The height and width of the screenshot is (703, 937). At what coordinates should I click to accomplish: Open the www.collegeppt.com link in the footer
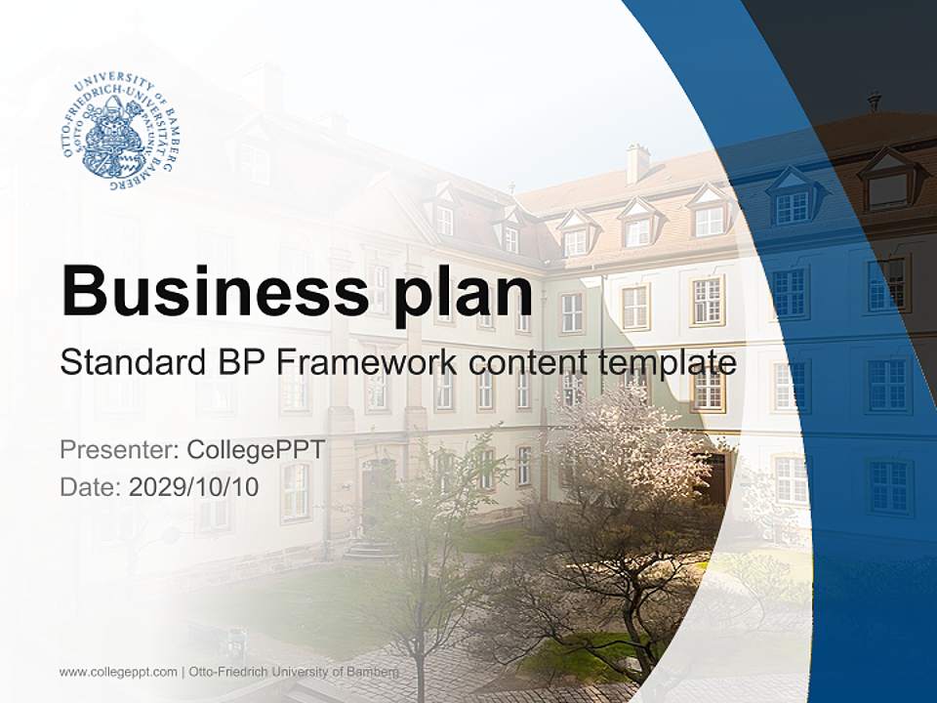point(118,672)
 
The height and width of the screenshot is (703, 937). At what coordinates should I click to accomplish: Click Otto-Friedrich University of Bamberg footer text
point(294,672)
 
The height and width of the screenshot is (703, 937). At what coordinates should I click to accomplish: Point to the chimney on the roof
point(637,163)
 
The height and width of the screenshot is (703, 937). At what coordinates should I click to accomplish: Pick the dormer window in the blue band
point(793,200)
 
